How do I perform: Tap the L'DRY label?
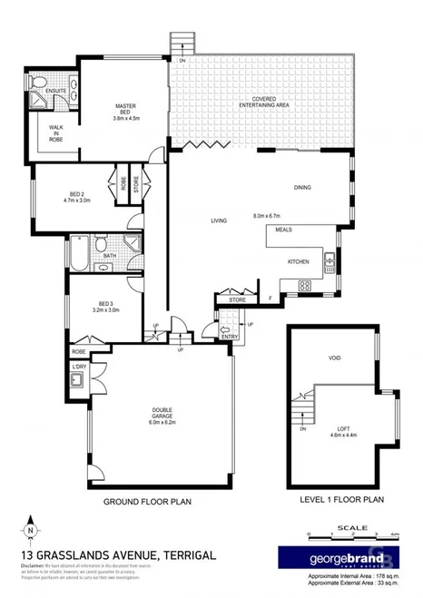(x=79, y=368)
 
